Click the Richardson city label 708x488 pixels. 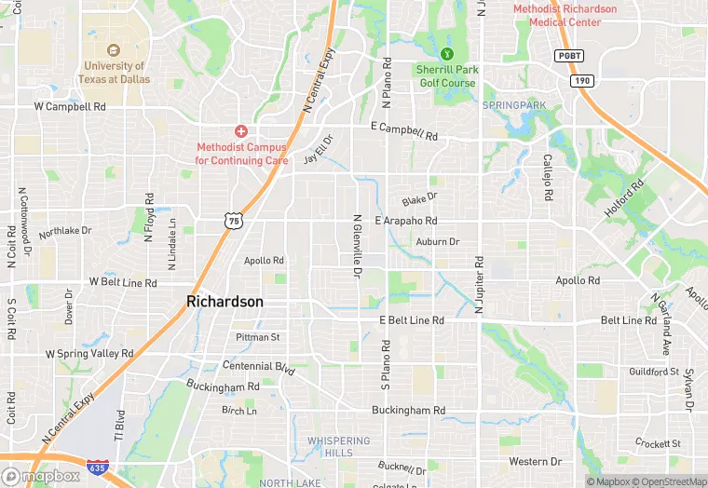(x=225, y=302)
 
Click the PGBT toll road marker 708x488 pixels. (x=568, y=56)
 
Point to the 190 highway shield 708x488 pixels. (x=583, y=81)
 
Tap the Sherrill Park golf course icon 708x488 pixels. (x=447, y=53)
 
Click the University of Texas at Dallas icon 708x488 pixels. (x=115, y=49)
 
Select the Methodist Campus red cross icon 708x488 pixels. (x=240, y=131)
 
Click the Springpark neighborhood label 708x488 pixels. (x=514, y=105)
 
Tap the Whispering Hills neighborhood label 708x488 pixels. (x=338, y=446)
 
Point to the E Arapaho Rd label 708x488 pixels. (x=405, y=221)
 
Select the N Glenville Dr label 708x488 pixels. (x=356, y=247)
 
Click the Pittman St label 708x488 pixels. (x=258, y=336)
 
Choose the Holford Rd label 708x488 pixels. (x=623, y=199)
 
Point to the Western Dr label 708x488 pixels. (x=535, y=461)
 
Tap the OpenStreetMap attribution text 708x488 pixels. (x=665, y=481)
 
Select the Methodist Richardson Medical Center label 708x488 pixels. (x=565, y=16)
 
